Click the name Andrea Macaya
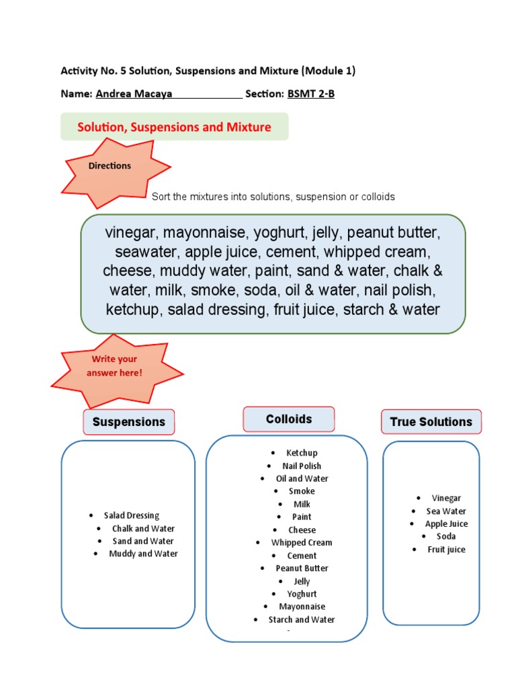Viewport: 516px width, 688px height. point(134,94)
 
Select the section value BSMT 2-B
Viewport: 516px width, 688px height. point(311,94)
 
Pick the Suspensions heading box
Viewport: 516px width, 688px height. point(128,422)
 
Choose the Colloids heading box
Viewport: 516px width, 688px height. point(289,419)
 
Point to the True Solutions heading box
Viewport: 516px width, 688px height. point(431,422)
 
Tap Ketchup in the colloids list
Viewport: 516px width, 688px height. point(302,453)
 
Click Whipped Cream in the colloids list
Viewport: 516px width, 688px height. point(302,542)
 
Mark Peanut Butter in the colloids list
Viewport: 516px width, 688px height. point(302,568)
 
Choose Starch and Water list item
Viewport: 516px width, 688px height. point(301,619)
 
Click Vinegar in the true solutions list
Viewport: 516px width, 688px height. point(446,498)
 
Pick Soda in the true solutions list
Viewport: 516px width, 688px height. point(446,536)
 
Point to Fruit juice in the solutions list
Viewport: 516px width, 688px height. point(446,550)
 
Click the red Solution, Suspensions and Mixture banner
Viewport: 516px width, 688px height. point(174,127)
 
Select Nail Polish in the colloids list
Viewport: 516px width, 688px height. point(302,466)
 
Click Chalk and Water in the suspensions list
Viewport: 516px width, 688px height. point(143,528)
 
